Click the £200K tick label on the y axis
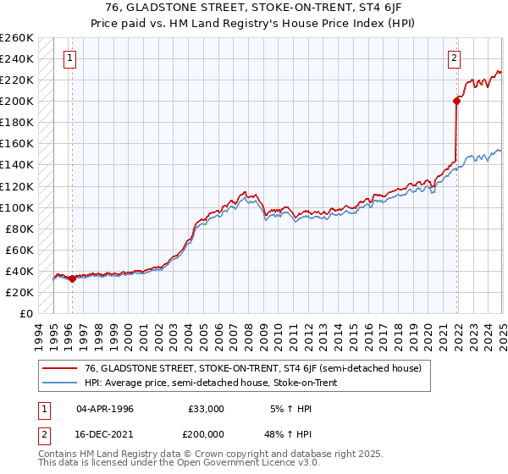tap(16, 101)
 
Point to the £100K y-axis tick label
tap(16, 207)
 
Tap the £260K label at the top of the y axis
tap(16, 38)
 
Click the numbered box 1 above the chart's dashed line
tap(69, 58)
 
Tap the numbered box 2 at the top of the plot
tap(455, 58)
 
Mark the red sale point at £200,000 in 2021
tap(456, 101)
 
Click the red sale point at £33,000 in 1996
tap(72, 278)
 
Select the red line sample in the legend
tap(58, 367)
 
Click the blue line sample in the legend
tap(58, 383)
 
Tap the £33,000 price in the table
tap(207, 409)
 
